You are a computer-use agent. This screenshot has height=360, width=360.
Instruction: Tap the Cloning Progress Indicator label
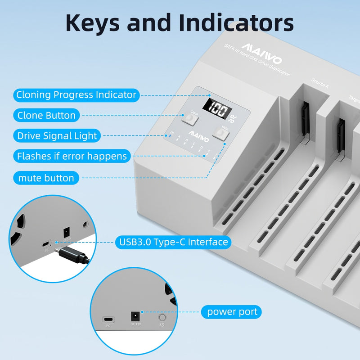point(76,95)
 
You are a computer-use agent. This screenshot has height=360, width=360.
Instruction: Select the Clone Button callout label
point(46,115)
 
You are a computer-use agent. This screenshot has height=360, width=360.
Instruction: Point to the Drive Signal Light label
point(57,135)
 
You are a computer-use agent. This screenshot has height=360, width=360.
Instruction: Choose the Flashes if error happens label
point(72,156)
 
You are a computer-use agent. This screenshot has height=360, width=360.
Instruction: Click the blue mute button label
point(46,178)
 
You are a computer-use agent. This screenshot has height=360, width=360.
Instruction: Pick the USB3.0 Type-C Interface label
point(173,242)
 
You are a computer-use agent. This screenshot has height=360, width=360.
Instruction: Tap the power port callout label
point(232,311)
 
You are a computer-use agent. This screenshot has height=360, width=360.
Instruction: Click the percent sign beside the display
point(233,119)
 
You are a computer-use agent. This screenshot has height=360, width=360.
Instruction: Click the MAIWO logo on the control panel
point(197,134)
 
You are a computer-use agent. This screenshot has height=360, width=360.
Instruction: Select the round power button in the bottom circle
point(162,318)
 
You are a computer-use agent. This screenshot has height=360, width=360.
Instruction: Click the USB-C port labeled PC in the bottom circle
point(108,319)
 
